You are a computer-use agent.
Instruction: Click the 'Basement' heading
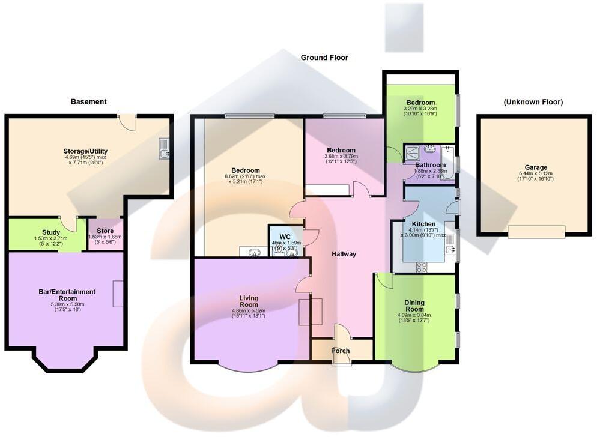pyautogui.click(x=88, y=102)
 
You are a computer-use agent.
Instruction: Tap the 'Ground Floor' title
pyautogui.click(x=324, y=58)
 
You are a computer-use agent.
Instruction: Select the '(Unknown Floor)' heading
pyautogui.click(x=533, y=102)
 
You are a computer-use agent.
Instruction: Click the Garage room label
pyautogui.click(x=533, y=168)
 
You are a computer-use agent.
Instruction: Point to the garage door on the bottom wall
pyautogui.click(x=536, y=231)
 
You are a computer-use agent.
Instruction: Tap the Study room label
pyautogui.click(x=51, y=232)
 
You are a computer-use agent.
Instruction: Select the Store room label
pyautogui.click(x=105, y=231)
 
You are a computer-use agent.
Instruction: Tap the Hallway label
pyautogui.click(x=344, y=254)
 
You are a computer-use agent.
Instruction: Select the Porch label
pyautogui.click(x=341, y=351)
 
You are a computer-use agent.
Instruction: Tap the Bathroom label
pyautogui.click(x=430, y=165)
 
